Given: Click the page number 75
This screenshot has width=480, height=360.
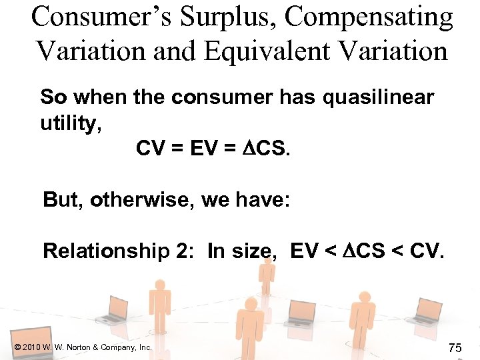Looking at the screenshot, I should [x=455, y=347].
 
